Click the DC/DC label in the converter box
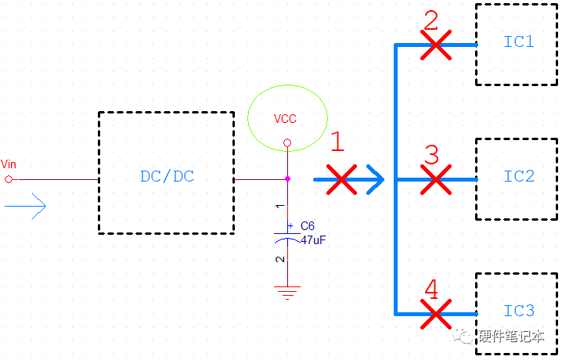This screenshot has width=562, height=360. click(167, 176)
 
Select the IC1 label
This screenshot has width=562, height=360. click(518, 41)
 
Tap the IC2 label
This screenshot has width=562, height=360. click(518, 176)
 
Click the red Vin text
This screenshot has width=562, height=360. click(9, 164)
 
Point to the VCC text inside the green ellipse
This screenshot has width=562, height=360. click(285, 119)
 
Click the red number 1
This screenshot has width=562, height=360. click(337, 142)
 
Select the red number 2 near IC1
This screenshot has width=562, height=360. click(431, 20)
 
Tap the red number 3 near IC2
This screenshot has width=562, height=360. click(431, 155)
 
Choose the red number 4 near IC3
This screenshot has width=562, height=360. click(431, 290)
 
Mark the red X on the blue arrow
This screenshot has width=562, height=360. click(341, 179)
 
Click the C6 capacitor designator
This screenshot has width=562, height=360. click(308, 225)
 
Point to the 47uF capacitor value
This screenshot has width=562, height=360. click(312, 240)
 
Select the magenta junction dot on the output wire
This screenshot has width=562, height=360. click(288, 179)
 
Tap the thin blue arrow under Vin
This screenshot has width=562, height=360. click(25, 206)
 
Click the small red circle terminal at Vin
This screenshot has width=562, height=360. click(9, 179)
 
